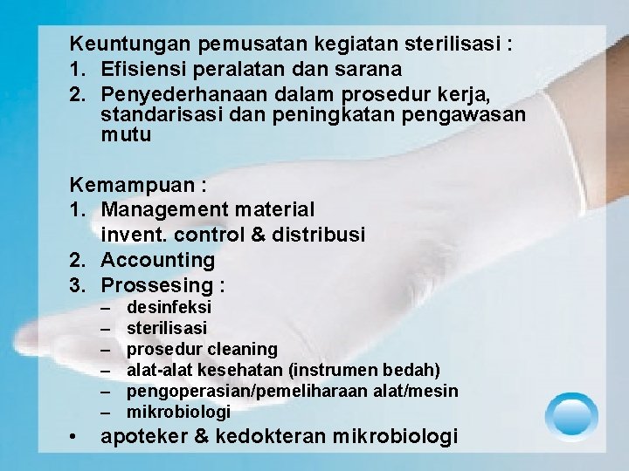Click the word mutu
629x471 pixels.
tap(126, 135)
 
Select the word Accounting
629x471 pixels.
tap(157, 260)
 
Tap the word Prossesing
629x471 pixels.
tap(157, 285)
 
